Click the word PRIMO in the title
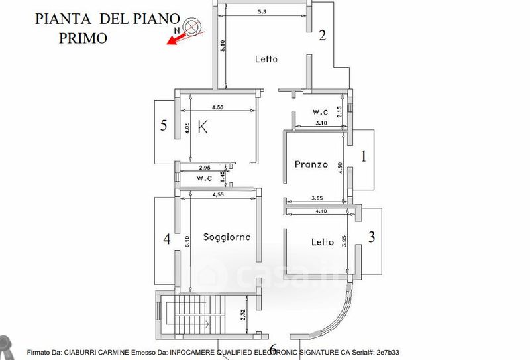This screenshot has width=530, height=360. coord(83,38)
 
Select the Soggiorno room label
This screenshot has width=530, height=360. coord(227,237)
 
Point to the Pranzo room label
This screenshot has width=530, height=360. coord(311,164)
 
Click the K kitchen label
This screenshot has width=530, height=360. coord(203,127)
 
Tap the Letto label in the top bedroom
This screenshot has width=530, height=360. coord(266,59)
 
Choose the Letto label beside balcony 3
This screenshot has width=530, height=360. coord(322,242)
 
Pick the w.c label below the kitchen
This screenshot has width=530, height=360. coord(204,178)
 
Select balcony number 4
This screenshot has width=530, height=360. coord(167,239)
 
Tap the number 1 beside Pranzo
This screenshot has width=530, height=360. coord(362,156)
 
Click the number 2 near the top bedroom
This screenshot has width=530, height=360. coord(323,36)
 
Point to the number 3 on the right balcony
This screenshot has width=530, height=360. coord(372,237)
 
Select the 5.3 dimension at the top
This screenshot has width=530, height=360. coord(264,11)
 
